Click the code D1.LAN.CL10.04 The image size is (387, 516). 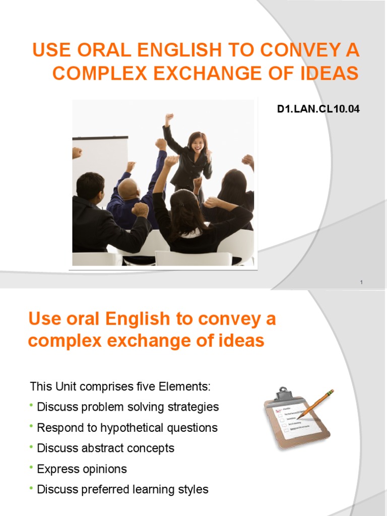pos(318,108)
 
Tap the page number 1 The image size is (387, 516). pos(361,283)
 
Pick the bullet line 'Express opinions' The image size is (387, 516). pos(82,469)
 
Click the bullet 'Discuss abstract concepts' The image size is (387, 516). pos(105,448)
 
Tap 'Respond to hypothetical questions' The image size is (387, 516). pos(127,428)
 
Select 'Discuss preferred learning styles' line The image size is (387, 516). pos(122,489)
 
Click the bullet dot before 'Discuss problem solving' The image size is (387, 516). pos(32,406)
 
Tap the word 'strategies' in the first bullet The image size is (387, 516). pos(195,407)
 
